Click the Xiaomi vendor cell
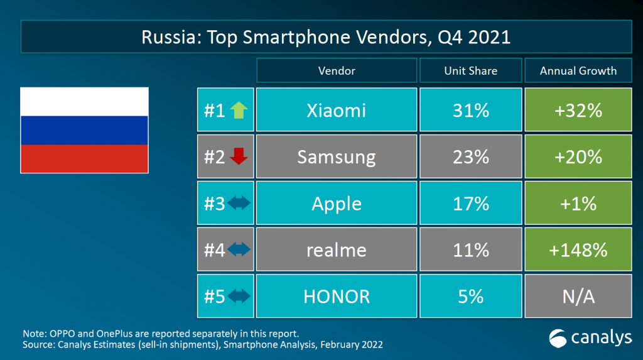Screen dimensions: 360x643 pyautogui.click(x=337, y=111)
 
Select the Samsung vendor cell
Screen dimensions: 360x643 pyautogui.click(x=337, y=157)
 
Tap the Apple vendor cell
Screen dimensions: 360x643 pyautogui.click(x=337, y=204)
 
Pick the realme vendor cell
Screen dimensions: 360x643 pyautogui.click(x=337, y=250)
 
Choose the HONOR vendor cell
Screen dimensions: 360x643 pyautogui.click(x=337, y=296)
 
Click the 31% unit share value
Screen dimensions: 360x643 pyautogui.click(x=470, y=111)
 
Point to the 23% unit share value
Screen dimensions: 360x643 pyautogui.click(x=470, y=157)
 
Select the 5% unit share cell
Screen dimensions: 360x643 pyautogui.click(x=470, y=296)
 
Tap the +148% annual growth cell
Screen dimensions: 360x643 pyautogui.click(x=578, y=250)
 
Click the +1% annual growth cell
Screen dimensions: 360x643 pyautogui.click(x=578, y=204)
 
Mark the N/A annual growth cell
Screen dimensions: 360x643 pyautogui.click(x=578, y=296)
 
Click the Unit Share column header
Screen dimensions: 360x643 pyautogui.click(x=470, y=71)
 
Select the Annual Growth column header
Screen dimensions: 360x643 pyautogui.click(x=578, y=71)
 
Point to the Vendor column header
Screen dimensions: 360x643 pyautogui.click(x=337, y=71)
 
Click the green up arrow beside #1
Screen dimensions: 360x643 pyautogui.click(x=239, y=111)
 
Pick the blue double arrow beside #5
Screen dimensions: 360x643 pyautogui.click(x=239, y=296)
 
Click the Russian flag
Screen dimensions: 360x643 pyautogui.click(x=84, y=130)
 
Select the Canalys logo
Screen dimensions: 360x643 pyautogui.click(x=590, y=338)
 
